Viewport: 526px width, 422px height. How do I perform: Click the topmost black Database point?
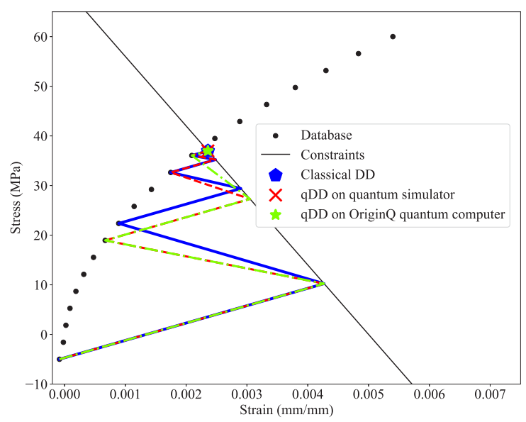click(x=393, y=37)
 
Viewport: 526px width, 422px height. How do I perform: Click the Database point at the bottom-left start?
click(x=60, y=359)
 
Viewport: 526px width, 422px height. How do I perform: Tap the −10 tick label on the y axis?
click(x=36, y=384)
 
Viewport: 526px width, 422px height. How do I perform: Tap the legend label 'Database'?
click(x=326, y=135)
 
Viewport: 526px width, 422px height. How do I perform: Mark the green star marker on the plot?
click(x=208, y=150)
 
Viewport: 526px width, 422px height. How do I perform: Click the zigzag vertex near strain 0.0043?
click(x=323, y=284)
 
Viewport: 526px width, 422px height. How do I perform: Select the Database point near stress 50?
click(x=295, y=88)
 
